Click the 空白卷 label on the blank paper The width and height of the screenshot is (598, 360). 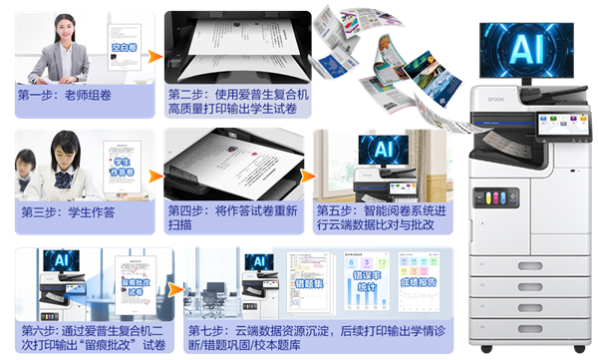point(123,46)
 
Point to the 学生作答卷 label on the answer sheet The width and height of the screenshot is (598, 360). point(123,166)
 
